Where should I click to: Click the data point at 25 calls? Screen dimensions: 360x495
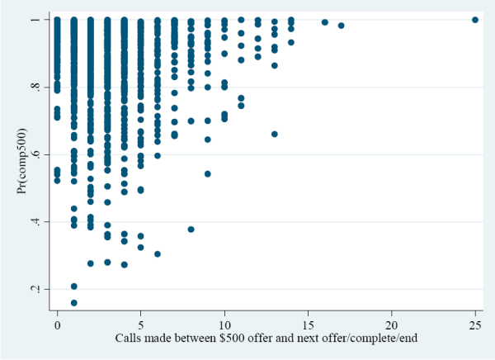[x=475, y=20]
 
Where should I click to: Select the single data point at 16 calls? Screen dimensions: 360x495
[x=325, y=22]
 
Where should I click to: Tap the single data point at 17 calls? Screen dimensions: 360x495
[x=342, y=26]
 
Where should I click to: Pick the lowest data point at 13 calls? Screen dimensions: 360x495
[x=275, y=134]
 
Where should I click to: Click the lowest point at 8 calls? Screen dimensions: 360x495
[x=191, y=229]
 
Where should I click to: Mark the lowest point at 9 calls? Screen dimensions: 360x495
[x=208, y=173]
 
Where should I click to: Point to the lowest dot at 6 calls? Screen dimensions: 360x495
[x=158, y=253]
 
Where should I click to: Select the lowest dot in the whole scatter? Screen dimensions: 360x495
[x=74, y=302]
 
